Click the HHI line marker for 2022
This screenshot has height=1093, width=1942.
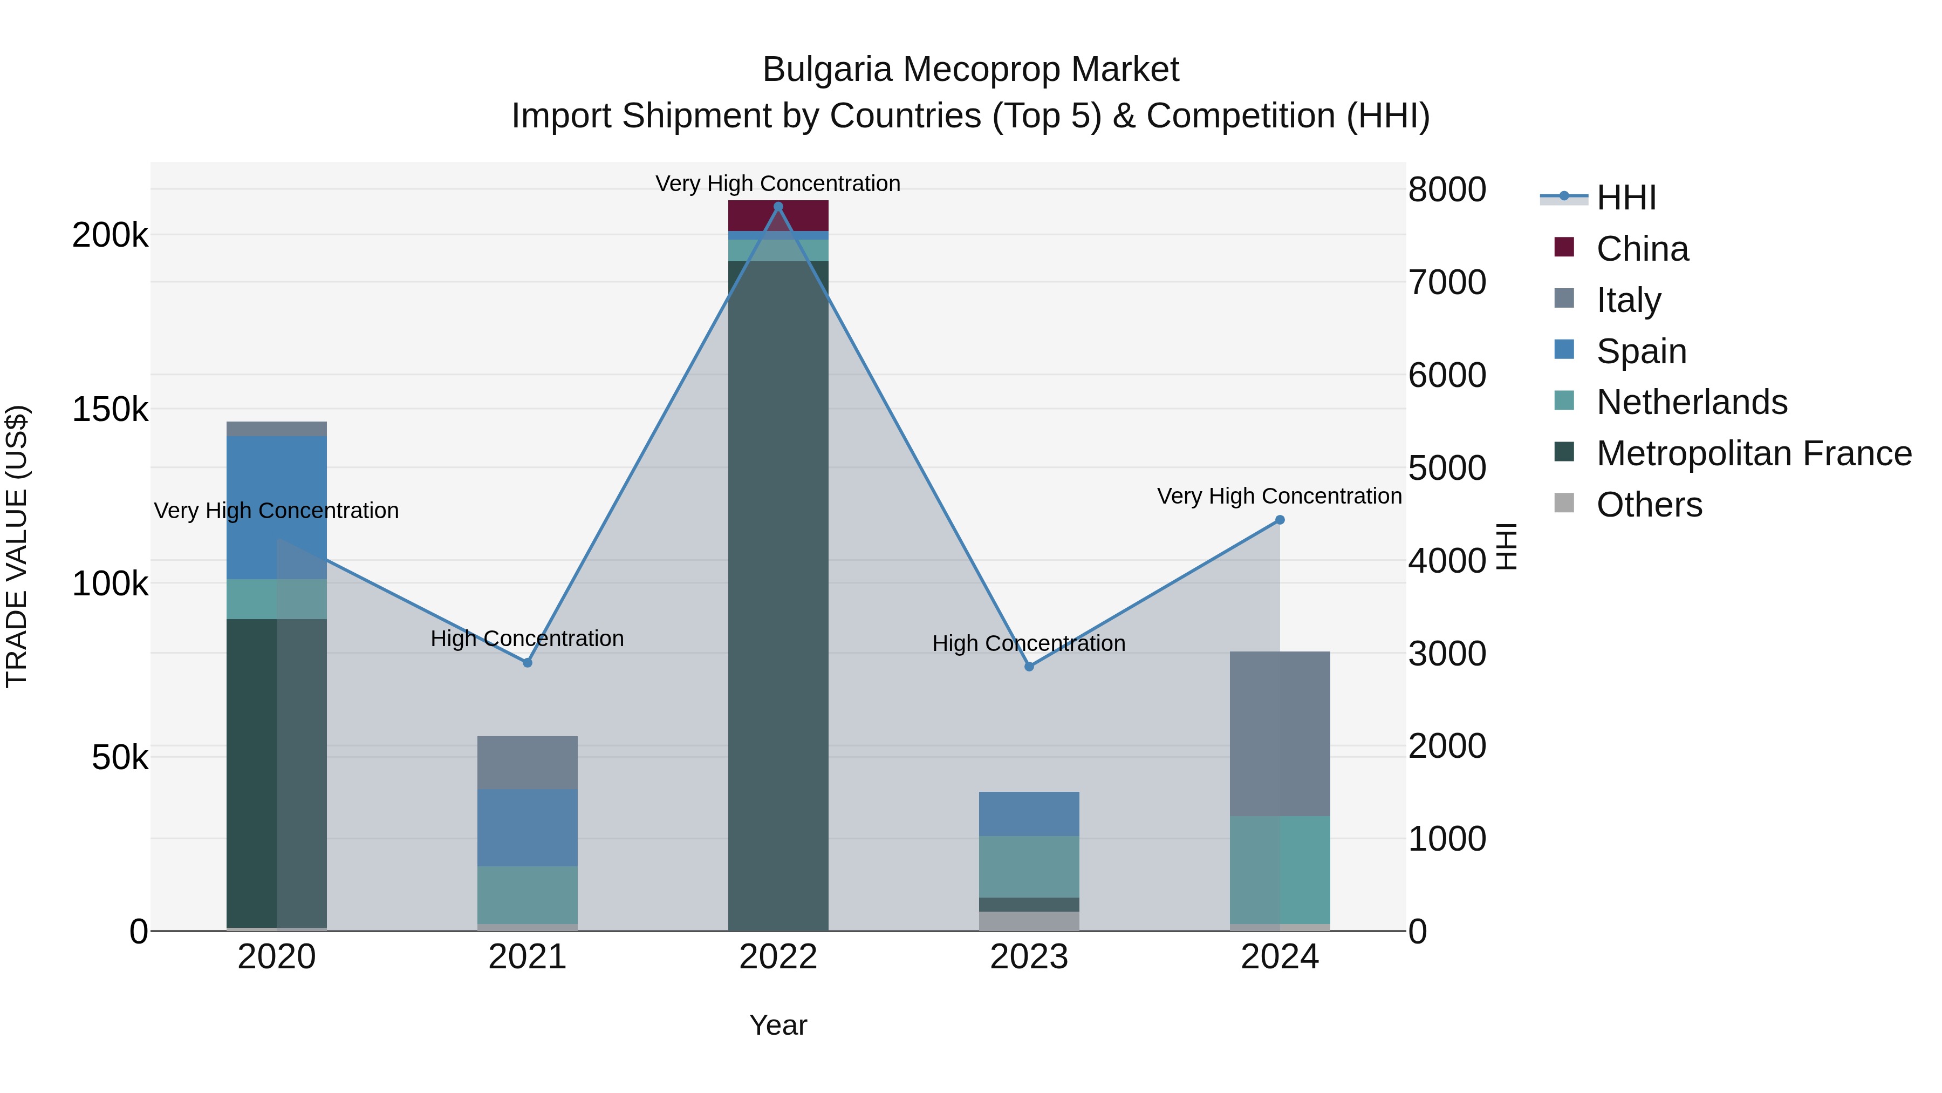pos(778,207)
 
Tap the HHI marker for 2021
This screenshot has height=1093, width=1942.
pos(527,662)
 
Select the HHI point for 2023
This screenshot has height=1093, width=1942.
pos(1029,666)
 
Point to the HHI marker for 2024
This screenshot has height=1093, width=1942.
pos(1280,520)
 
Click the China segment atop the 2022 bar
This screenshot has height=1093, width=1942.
pos(778,216)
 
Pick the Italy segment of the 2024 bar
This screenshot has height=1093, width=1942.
pos(1280,733)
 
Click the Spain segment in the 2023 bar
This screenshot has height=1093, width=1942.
pos(1029,813)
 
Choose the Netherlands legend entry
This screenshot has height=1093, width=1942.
pos(1691,402)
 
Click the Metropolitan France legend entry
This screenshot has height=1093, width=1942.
pos(1754,453)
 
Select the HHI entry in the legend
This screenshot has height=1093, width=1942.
pos(1626,198)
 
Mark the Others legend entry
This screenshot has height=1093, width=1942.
pos(1649,505)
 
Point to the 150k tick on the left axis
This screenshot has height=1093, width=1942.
pos(110,410)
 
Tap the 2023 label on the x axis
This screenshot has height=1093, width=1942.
pos(1029,957)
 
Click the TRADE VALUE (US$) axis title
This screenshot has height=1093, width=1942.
pos(17,546)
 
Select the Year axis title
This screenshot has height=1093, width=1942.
pos(778,1025)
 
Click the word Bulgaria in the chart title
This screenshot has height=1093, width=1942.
pos(827,70)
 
